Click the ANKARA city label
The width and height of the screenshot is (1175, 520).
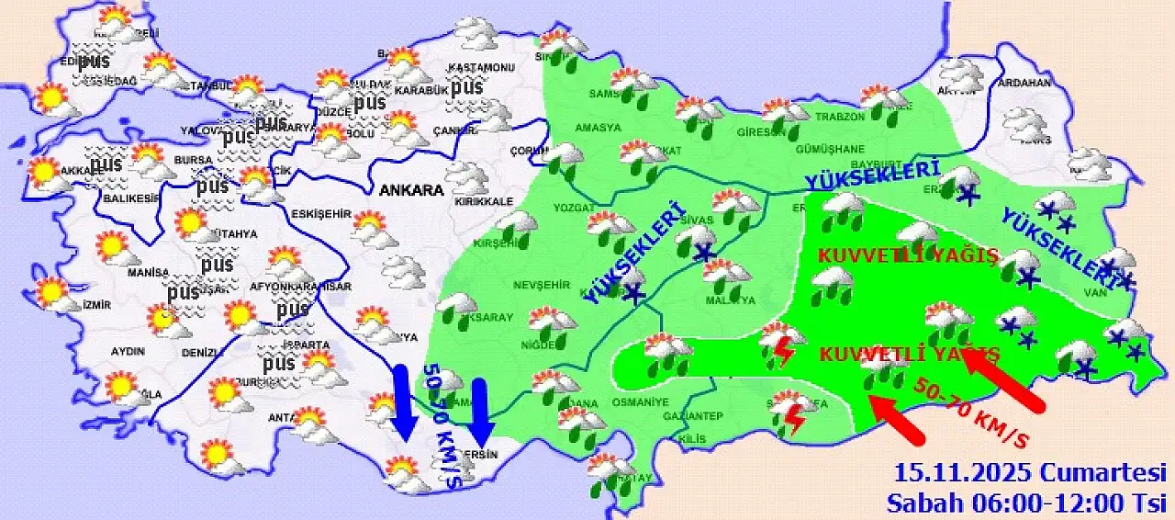point(412,191)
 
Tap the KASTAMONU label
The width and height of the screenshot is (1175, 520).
point(481,68)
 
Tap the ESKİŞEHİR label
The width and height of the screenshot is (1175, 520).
point(321,214)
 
